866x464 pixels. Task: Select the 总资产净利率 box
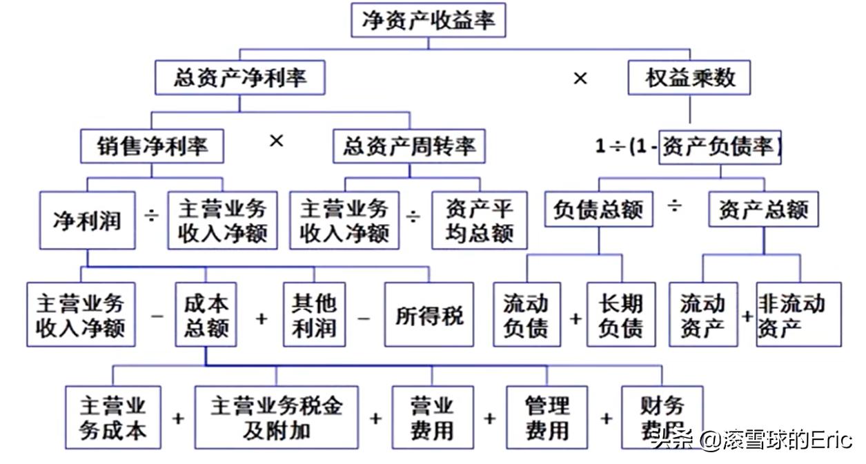click(x=239, y=77)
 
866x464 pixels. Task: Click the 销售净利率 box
click(x=152, y=145)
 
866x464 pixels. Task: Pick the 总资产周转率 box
click(x=409, y=145)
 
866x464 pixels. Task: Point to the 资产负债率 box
click(x=720, y=146)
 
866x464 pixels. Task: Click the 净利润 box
click(x=87, y=221)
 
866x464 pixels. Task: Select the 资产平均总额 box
click(x=480, y=221)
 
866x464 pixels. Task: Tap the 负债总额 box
click(x=598, y=208)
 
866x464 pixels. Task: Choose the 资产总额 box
click(x=763, y=208)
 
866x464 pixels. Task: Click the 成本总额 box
click(x=206, y=314)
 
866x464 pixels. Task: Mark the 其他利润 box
click(x=314, y=314)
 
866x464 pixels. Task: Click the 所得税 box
click(x=429, y=314)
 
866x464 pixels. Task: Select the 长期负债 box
click(x=620, y=314)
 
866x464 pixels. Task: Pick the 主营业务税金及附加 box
click(x=276, y=417)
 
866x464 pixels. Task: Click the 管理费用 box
click(x=547, y=417)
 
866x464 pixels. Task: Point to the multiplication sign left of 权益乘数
click(x=580, y=79)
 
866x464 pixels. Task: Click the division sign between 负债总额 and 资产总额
click(x=675, y=205)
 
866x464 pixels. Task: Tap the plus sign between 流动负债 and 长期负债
click(x=575, y=319)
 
